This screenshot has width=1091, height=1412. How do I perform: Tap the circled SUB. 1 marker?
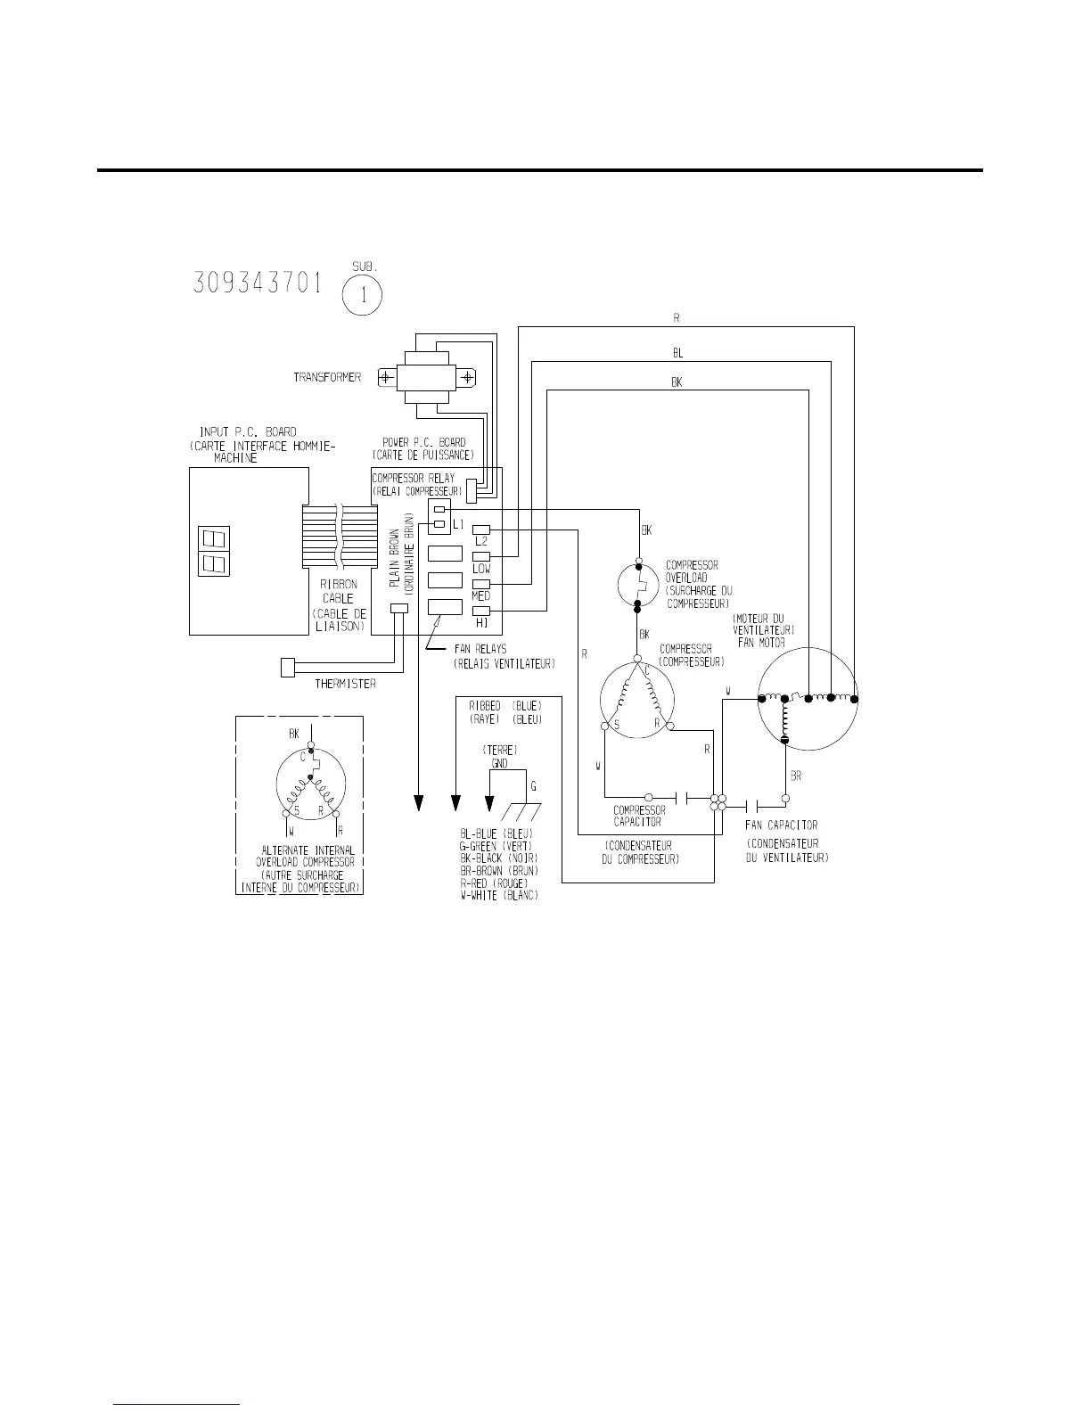click(x=364, y=295)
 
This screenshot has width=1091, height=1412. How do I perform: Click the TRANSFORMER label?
click(x=327, y=378)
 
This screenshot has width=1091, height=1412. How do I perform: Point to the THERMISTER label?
click(x=345, y=685)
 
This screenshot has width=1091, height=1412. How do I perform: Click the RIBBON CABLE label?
click(x=338, y=592)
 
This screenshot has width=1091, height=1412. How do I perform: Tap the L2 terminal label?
click(x=481, y=541)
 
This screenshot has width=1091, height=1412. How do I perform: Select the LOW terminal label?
click(x=481, y=568)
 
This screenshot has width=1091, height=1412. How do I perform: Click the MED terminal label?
click(x=481, y=595)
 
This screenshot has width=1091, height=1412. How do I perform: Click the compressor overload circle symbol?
click(x=637, y=586)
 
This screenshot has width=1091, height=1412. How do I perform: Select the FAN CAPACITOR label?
click(x=782, y=825)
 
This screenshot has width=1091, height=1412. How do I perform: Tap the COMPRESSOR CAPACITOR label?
click(x=639, y=816)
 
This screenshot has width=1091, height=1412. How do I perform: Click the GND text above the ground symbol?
click(x=500, y=764)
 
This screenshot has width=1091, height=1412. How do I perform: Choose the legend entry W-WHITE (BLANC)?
click(x=499, y=895)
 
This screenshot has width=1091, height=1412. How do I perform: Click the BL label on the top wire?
click(x=677, y=354)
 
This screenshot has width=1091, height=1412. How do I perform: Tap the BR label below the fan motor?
click(x=796, y=776)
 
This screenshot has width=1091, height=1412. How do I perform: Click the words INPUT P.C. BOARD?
click(x=248, y=432)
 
